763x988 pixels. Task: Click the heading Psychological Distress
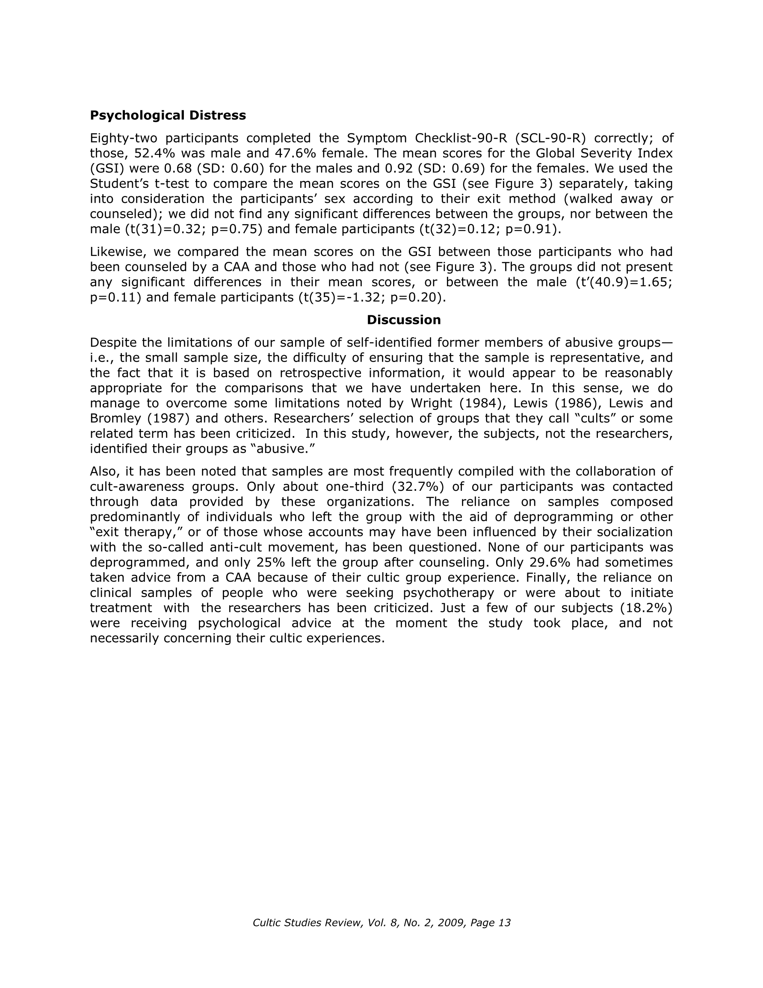tap(168, 116)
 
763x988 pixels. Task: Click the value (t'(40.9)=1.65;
tap(624, 282)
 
